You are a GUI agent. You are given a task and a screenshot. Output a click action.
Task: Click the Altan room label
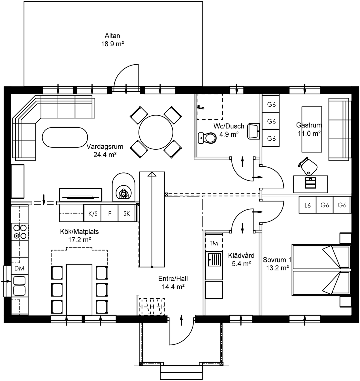pyautogui.click(x=112, y=36)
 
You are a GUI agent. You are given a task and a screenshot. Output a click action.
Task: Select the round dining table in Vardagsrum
pyautogui.click(x=156, y=132)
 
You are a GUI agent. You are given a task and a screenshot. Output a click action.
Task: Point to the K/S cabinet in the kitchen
pyautogui.click(x=93, y=213)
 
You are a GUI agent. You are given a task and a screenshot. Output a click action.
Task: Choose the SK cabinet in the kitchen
pyautogui.click(x=127, y=213)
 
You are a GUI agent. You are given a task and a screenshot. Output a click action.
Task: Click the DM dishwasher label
pyautogui.click(x=20, y=268)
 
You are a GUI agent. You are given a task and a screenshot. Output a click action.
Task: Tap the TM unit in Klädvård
pyautogui.click(x=214, y=243)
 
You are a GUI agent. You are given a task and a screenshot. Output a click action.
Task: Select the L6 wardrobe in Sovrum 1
pyautogui.click(x=308, y=205)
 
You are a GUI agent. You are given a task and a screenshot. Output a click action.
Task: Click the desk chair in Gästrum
pyautogui.click(x=308, y=166)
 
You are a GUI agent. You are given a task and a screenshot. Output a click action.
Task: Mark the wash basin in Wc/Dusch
pyautogui.click(x=254, y=131)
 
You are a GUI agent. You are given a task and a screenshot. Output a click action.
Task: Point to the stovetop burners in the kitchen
pyautogui.click(x=20, y=231)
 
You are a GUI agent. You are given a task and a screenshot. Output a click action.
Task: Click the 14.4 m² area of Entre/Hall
pyautogui.click(x=173, y=287)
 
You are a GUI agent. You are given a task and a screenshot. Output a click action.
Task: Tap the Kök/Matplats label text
pyautogui.click(x=79, y=232)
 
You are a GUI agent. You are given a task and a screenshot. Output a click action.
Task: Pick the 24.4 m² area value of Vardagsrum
pyautogui.click(x=105, y=155)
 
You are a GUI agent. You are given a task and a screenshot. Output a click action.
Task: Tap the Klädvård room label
pyautogui.click(x=241, y=255)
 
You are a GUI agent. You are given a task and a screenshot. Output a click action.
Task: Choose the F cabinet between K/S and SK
pyautogui.click(x=110, y=213)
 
